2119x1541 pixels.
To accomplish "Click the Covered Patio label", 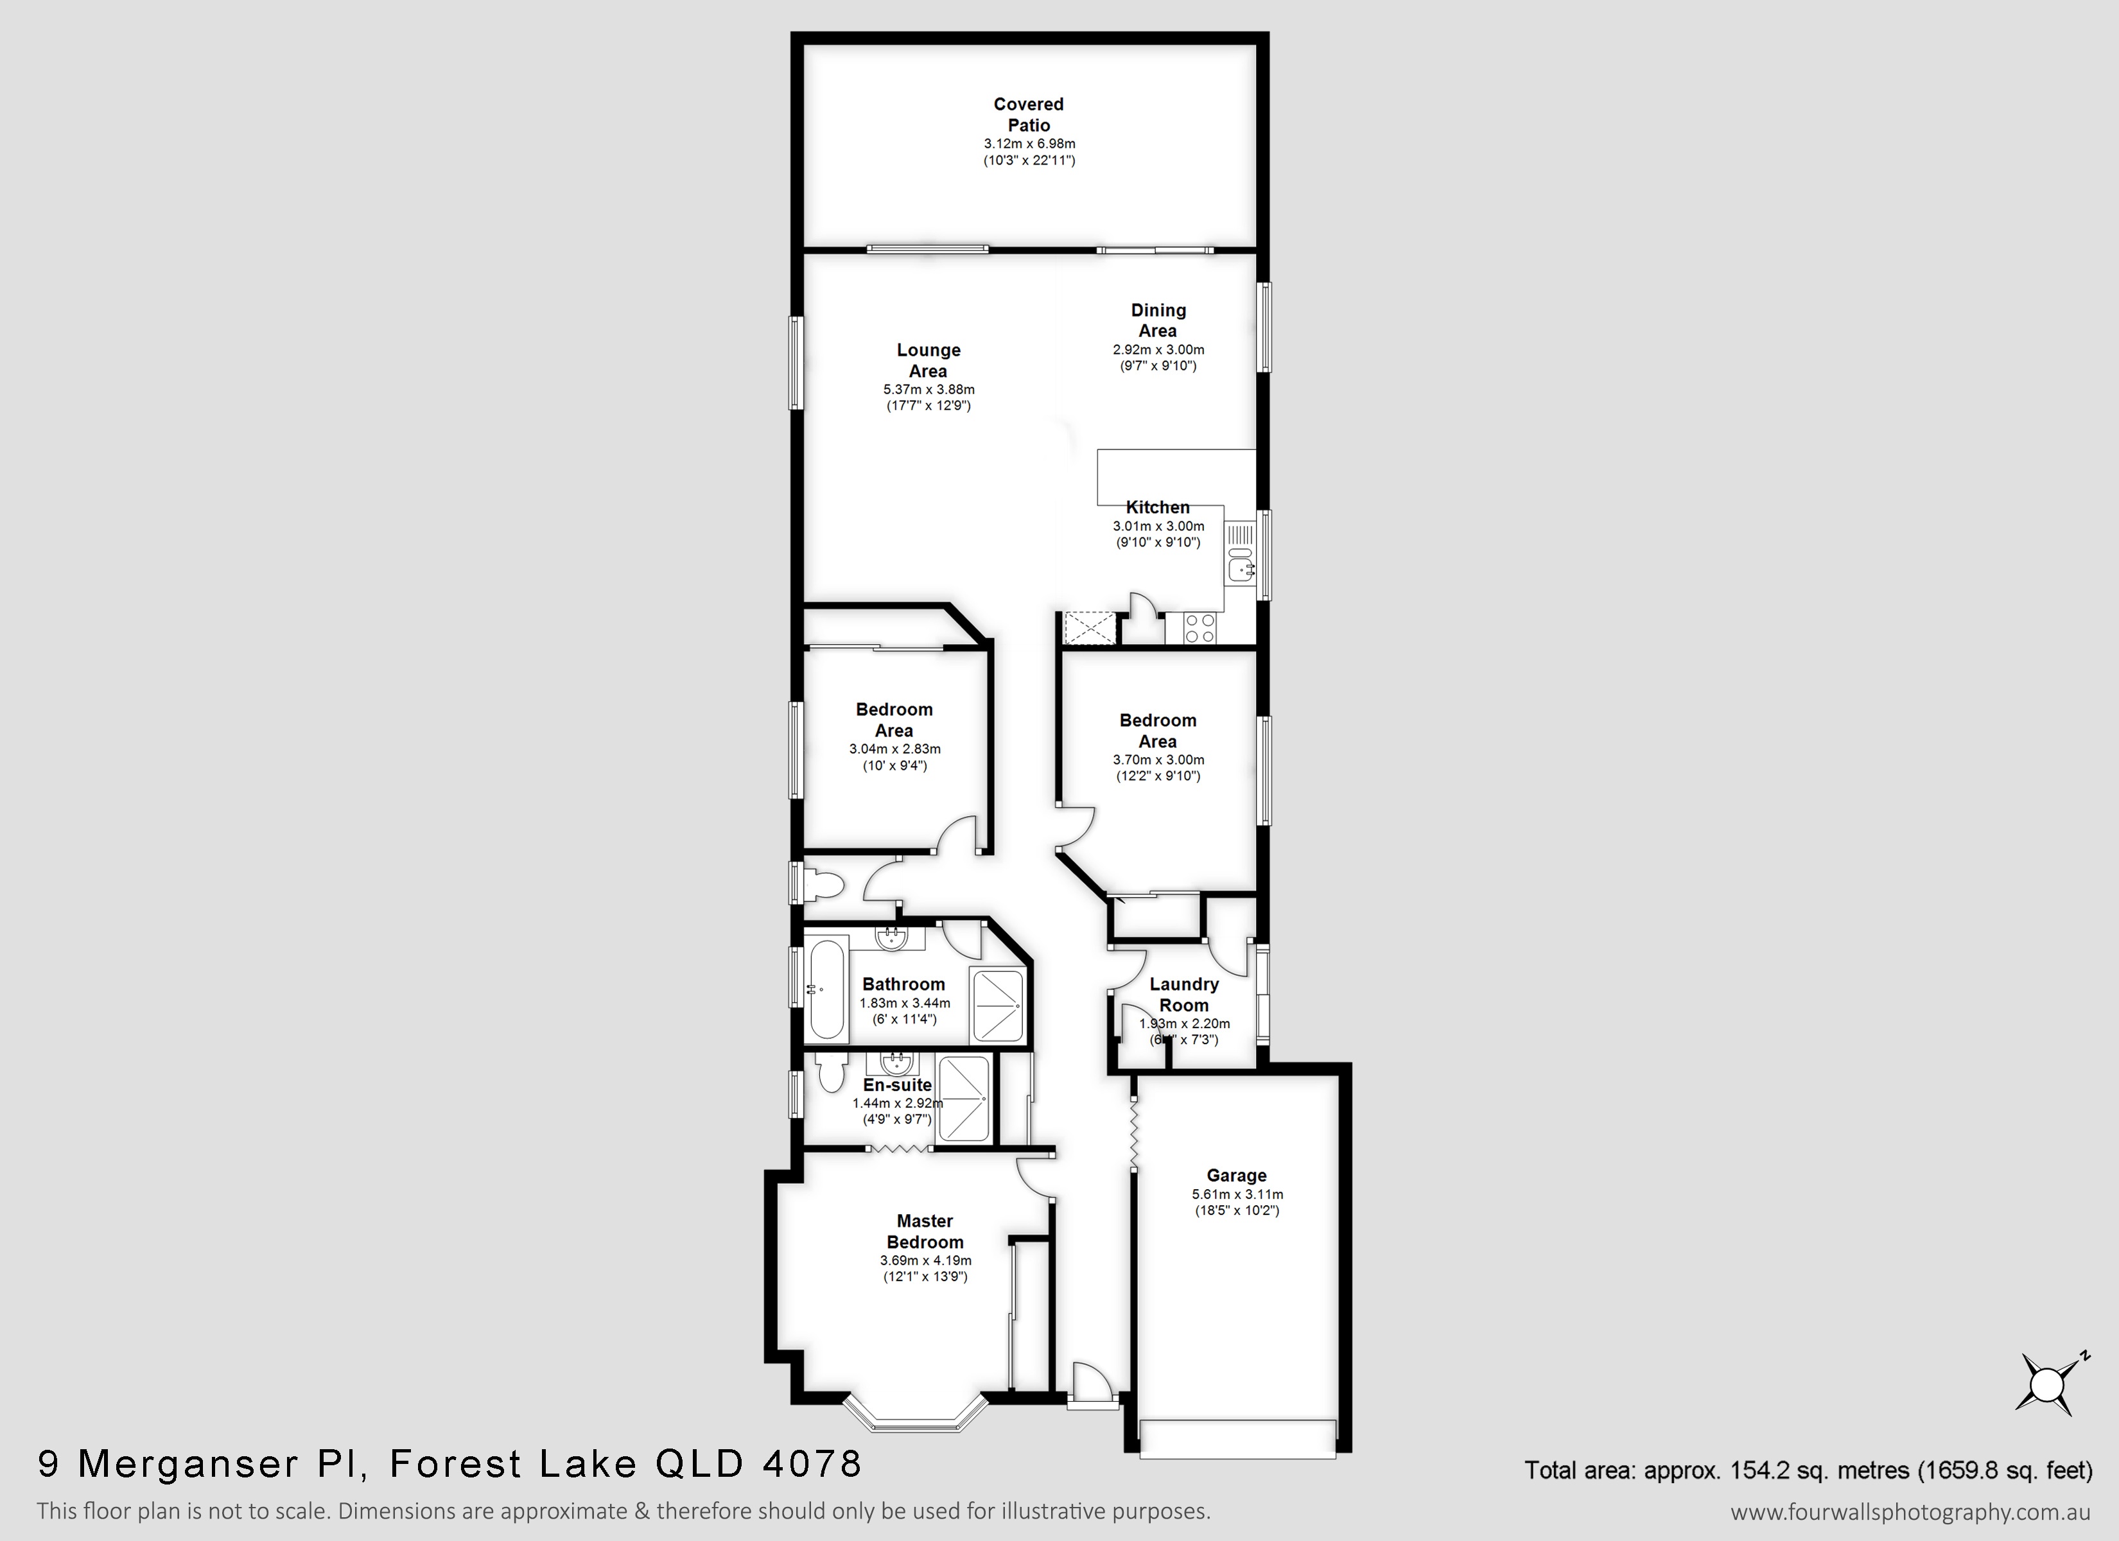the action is pos(1029,115).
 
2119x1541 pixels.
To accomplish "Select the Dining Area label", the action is pos(1158,320).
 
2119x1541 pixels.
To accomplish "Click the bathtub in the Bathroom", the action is pos(829,989).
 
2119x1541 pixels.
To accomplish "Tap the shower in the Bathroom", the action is pos(998,1005).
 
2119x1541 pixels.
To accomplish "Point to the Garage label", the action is pos(1237,1176).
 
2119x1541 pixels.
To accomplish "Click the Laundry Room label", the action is pos(1184,995).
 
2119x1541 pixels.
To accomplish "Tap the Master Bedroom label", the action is pos(925,1231).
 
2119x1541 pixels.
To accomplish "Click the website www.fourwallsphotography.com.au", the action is pos(1910,1511).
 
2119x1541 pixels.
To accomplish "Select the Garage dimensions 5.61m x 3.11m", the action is pos(1237,1194).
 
